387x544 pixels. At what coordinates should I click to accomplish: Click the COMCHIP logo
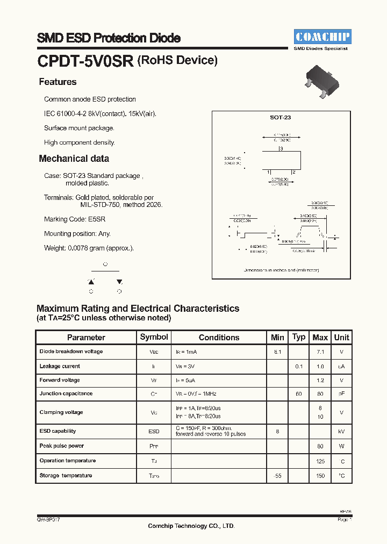(x=322, y=37)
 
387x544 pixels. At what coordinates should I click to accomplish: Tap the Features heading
(x=58, y=82)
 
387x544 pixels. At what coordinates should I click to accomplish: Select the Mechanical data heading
(x=74, y=159)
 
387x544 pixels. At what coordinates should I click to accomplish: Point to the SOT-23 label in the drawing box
(x=280, y=117)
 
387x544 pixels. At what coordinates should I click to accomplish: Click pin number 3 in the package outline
(x=281, y=148)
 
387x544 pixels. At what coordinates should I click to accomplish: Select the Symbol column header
(x=154, y=337)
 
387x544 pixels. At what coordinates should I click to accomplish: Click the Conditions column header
(x=219, y=338)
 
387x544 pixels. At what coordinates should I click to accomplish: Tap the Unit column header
(x=341, y=338)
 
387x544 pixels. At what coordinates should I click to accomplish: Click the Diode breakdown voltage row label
(x=71, y=352)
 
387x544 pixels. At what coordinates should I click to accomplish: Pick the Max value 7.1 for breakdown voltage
(x=320, y=352)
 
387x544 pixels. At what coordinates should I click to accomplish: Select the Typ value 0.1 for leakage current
(x=299, y=367)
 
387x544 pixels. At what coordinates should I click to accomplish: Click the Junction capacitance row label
(x=66, y=393)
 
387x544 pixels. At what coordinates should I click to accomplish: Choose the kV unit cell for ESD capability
(x=341, y=432)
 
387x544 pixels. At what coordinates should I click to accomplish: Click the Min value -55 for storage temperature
(x=277, y=476)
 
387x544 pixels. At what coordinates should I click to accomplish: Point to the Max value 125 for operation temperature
(x=320, y=461)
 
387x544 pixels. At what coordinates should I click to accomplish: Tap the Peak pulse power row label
(x=61, y=446)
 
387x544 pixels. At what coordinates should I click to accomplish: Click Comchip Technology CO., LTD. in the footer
(x=191, y=526)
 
